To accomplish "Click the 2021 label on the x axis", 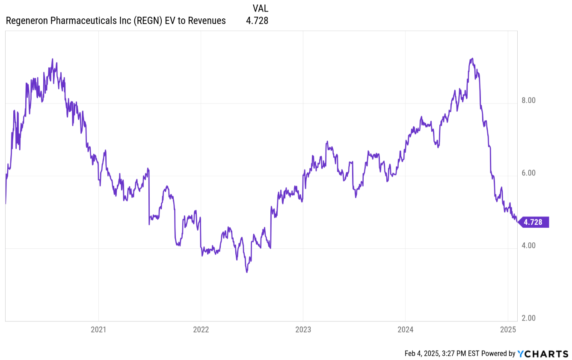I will [98, 330].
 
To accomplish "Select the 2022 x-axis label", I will [201, 330].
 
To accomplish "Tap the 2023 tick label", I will [303, 330].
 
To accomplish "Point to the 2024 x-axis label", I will [405, 330].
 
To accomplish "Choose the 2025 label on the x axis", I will [507, 330].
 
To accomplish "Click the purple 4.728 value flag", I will [533, 222].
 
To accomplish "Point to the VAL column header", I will [261, 8].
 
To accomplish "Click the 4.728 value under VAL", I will [257, 21].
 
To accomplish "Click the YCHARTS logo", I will [543, 353].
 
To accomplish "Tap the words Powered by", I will [498, 353].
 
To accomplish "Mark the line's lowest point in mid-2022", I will [247, 272].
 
